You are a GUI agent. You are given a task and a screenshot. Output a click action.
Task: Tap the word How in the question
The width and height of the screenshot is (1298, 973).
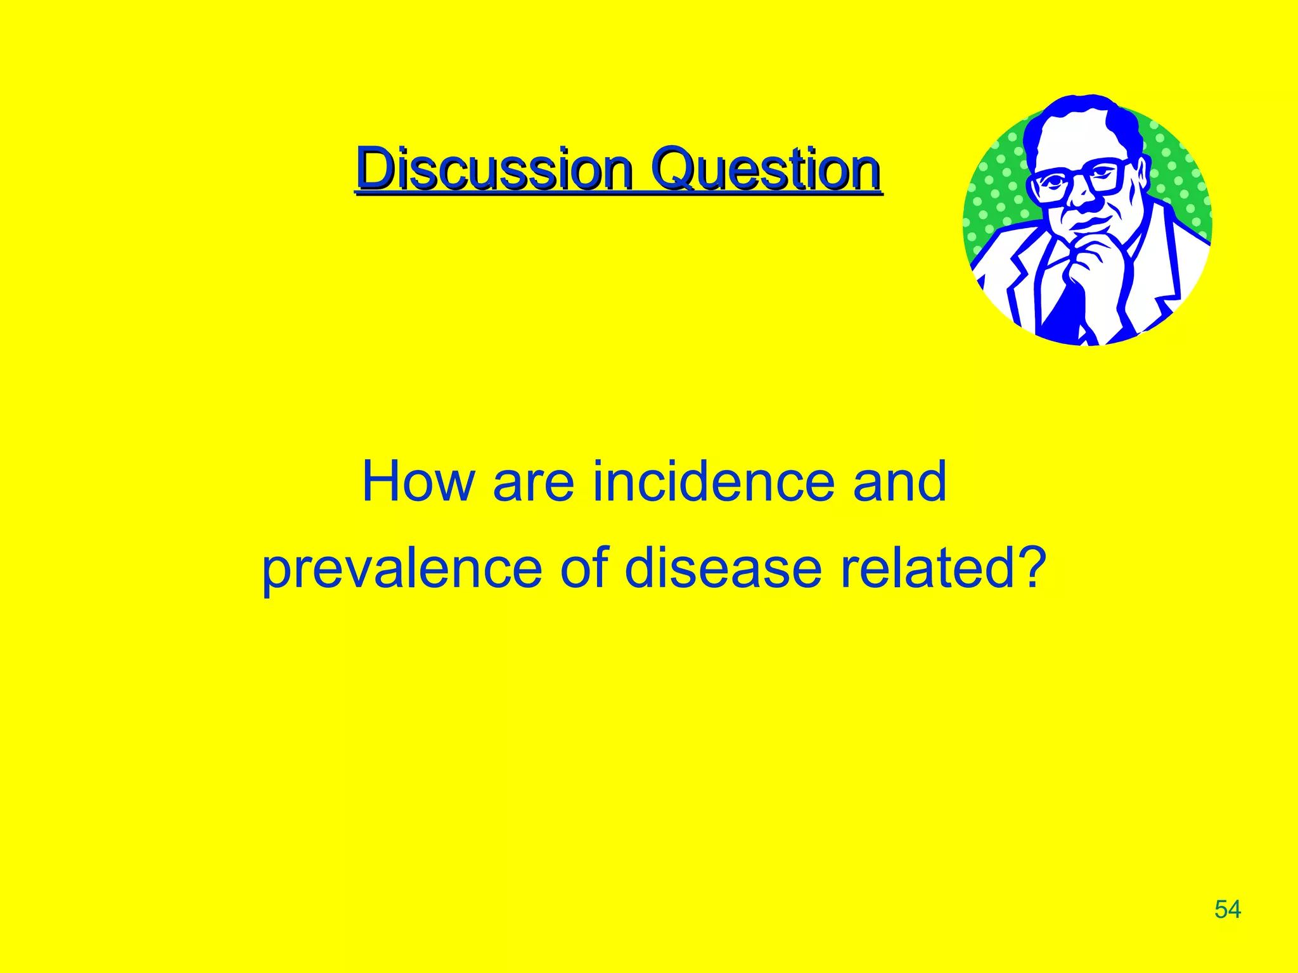(418, 483)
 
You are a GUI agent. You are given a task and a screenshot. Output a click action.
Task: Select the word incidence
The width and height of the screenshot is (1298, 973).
(713, 483)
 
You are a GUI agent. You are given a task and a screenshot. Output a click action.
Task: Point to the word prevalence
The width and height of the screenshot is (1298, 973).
(402, 569)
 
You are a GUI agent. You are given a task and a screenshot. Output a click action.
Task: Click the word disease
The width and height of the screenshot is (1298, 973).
(723, 568)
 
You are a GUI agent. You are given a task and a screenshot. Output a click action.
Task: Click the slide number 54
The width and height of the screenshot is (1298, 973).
(1228, 910)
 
